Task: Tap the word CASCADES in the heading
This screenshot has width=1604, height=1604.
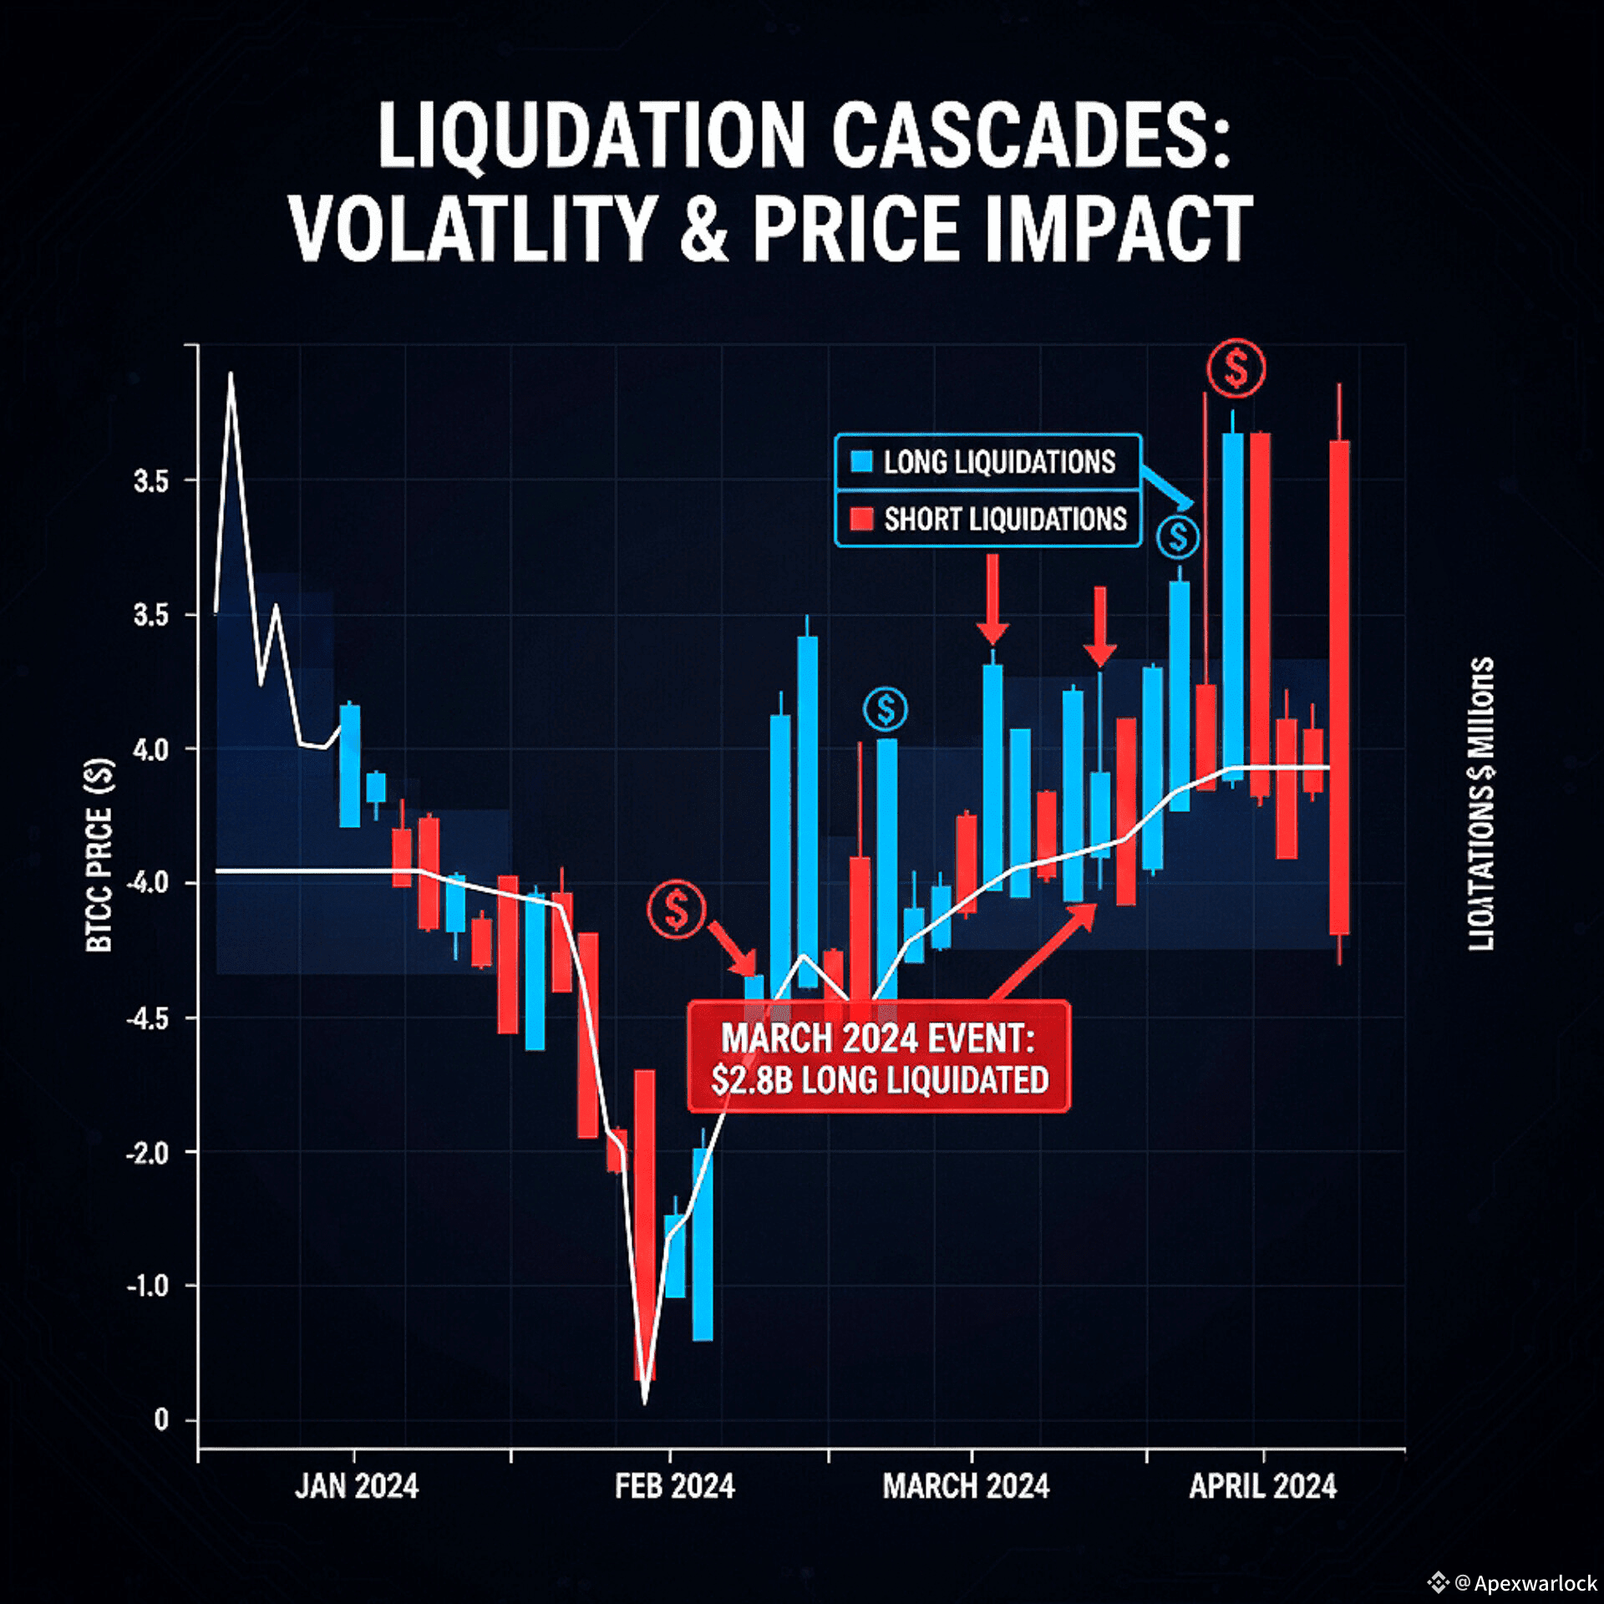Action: (x=1031, y=136)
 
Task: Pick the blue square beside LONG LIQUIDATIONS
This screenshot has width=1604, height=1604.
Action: (x=860, y=461)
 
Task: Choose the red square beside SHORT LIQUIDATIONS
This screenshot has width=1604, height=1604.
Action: (x=860, y=519)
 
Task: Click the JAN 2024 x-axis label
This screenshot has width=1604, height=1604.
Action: (x=357, y=1486)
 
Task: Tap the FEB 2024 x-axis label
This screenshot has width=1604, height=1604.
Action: (x=674, y=1486)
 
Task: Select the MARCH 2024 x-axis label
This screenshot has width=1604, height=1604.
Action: (x=966, y=1486)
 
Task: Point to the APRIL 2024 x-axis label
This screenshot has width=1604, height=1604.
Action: (x=1262, y=1486)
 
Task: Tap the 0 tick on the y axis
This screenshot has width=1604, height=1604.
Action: (x=161, y=1419)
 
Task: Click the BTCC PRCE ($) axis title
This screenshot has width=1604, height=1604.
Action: (x=99, y=855)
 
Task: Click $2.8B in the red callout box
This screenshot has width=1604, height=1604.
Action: (x=751, y=1080)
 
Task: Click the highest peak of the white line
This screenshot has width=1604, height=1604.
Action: (x=231, y=374)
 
